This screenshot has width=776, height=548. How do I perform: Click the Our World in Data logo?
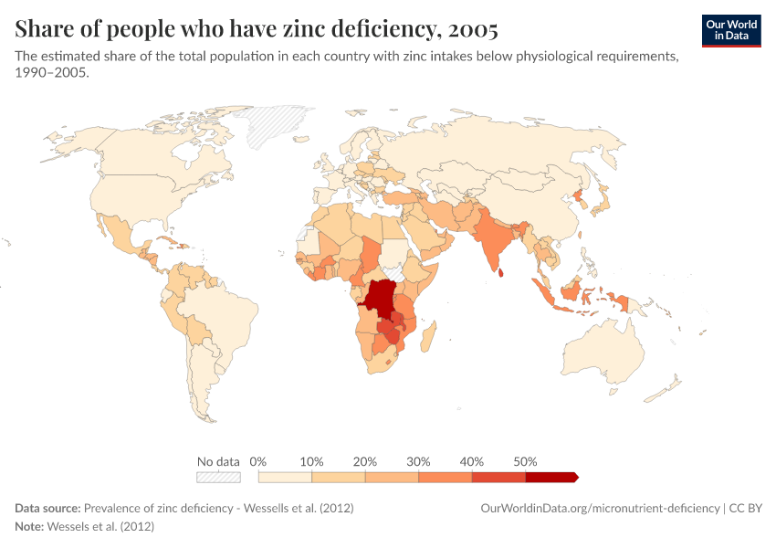pyautogui.click(x=731, y=30)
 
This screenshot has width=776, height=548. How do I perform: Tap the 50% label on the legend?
pyautogui.click(x=525, y=461)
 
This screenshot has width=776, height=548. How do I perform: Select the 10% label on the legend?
pyautogui.click(x=312, y=461)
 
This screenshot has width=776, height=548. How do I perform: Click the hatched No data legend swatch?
pyautogui.click(x=219, y=477)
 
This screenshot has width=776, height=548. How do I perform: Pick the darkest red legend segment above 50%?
pyautogui.click(x=551, y=477)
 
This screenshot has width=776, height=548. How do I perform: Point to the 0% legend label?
pyautogui.click(x=258, y=461)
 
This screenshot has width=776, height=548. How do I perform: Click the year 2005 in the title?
pyautogui.click(x=468, y=29)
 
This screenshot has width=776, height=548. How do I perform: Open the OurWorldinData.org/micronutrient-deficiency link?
pyautogui.click(x=599, y=508)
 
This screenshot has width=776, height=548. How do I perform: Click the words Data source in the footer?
pyautogui.click(x=47, y=508)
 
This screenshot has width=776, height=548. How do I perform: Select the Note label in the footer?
pyautogui.click(x=28, y=527)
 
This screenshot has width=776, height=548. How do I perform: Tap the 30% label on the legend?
pyautogui.click(x=418, y=461)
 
